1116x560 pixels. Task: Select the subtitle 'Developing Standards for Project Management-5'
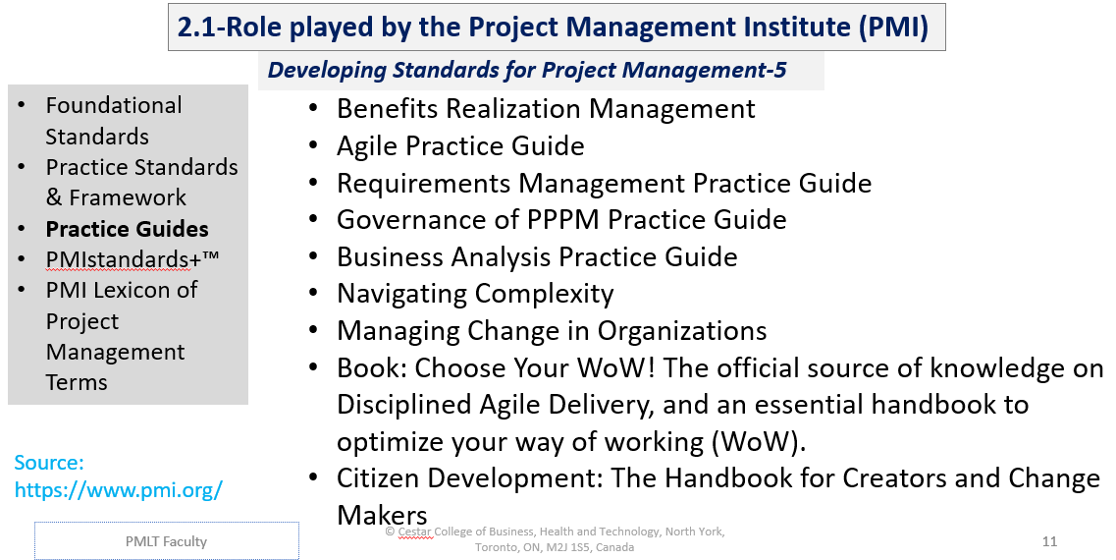[526, 71]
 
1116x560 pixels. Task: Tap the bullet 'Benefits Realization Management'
[545, 109]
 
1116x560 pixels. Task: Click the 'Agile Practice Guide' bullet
[460, 146]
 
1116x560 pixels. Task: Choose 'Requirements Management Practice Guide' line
[604, 184]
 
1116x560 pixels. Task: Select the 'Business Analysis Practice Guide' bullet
[537, 257]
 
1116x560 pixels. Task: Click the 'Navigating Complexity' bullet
[475, 294]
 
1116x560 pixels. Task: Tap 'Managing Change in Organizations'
[552, 331]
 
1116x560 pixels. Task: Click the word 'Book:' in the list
[372, 368]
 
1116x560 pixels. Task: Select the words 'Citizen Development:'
[470, 479]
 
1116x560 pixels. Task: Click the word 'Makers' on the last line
[382, 516]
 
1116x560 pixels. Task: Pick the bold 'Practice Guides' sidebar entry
[127, 230]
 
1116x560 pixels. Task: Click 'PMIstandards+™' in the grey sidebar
[132, 260]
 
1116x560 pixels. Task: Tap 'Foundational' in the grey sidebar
[114, 106]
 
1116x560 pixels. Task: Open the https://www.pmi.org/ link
[118, 489]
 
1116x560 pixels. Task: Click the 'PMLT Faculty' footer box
[166, 541]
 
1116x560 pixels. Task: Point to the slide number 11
[1049, 541]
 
